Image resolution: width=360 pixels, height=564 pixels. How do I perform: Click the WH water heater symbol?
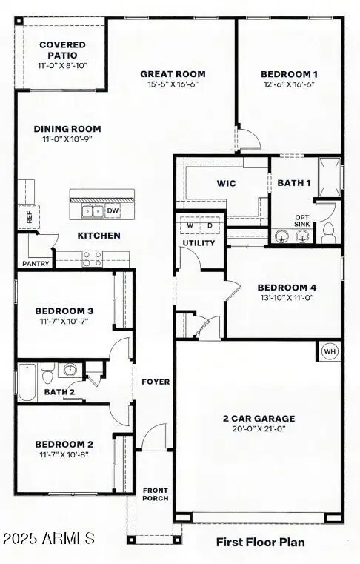coord(330,351)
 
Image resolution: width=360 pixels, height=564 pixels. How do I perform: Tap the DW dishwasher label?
coord(113,211)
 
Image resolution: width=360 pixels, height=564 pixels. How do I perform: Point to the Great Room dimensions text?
coord(173,84)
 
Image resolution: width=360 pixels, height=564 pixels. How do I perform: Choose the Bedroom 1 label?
coord(289,74)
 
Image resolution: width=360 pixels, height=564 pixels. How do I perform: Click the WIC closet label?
coord(226,183)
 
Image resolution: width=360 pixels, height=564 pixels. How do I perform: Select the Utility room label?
coord(199,243)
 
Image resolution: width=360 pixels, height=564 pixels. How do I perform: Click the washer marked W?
coord(190,225)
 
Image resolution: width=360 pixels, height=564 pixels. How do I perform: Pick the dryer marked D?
coord(209,225)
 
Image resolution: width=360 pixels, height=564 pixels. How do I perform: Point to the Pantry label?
coord(35,263)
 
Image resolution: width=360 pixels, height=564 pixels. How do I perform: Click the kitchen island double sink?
coord(93,211)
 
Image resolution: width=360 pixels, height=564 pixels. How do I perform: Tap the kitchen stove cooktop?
coord(93,258)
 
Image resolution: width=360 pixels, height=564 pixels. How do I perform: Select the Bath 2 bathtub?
coord(27,382)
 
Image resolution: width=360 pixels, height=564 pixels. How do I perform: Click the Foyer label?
coord(156,382)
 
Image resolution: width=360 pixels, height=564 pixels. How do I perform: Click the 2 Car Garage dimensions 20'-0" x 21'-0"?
coord(259,428)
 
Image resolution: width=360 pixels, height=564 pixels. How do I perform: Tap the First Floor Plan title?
coord(260,543)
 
